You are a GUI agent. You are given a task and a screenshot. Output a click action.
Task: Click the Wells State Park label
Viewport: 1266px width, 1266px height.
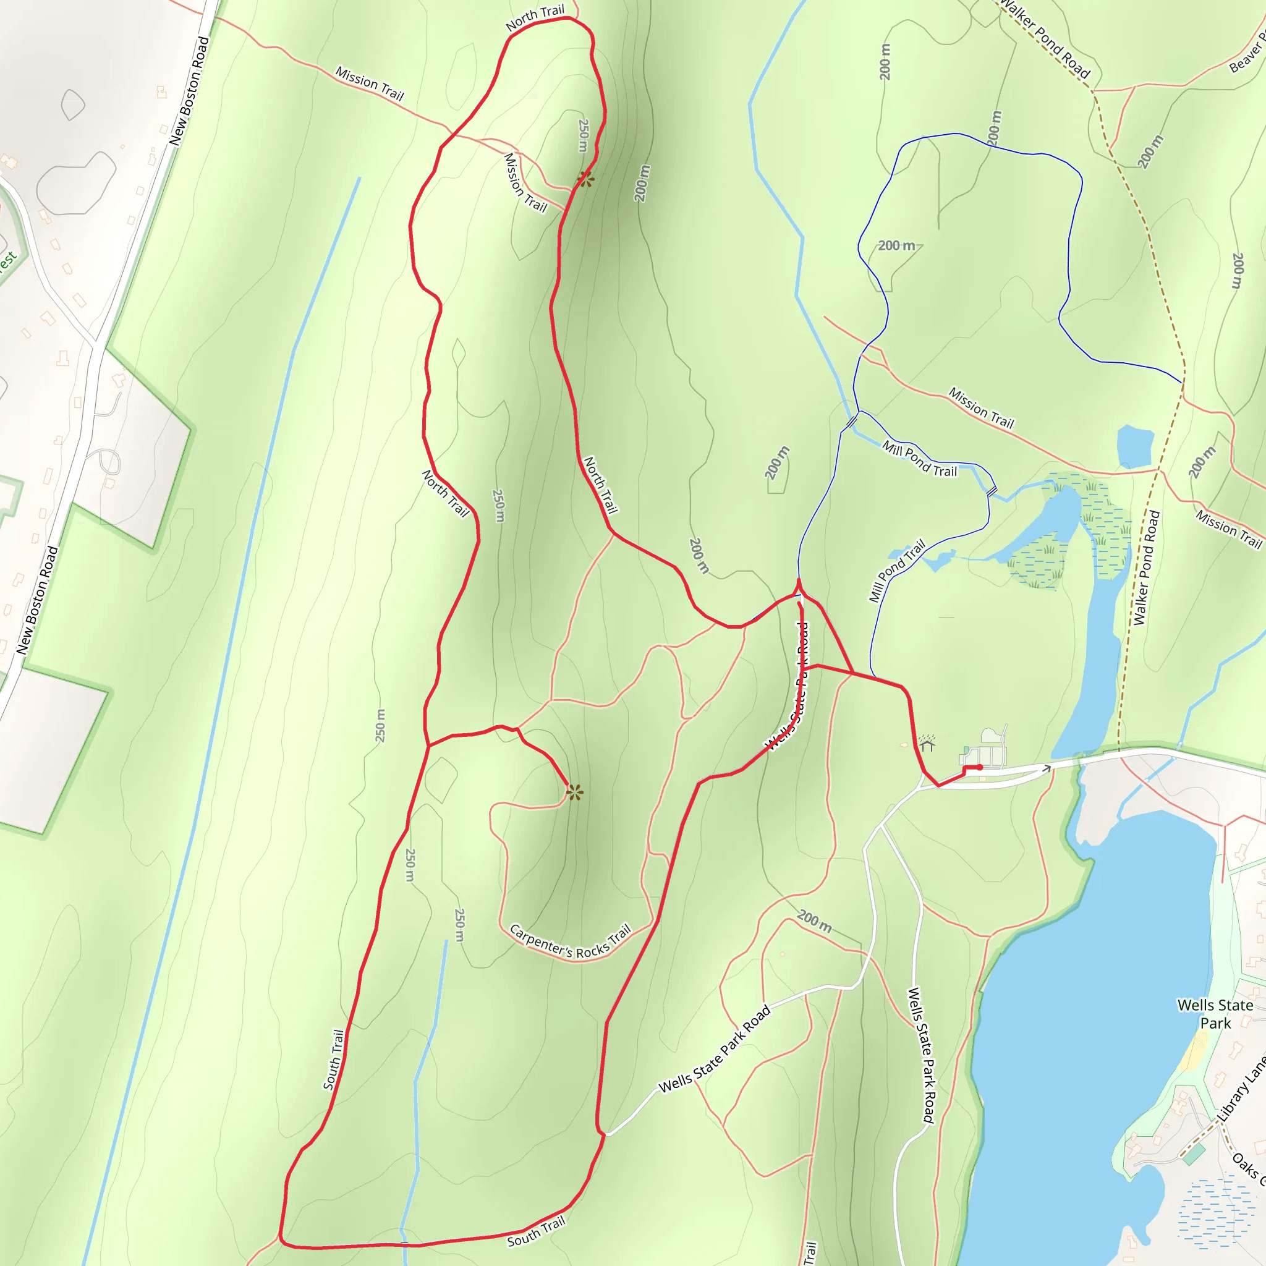tap(1215, 1014)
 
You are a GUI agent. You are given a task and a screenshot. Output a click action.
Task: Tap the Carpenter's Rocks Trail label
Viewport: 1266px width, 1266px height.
tap(569, 941)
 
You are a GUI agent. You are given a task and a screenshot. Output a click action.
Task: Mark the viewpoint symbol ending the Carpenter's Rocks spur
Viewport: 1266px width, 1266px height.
tap(575, 793)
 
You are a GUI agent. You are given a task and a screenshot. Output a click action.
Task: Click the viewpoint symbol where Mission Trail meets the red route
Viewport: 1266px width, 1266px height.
tap(586, 178)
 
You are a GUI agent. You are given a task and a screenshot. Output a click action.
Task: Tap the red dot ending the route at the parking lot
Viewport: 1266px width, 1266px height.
tap(980, 767)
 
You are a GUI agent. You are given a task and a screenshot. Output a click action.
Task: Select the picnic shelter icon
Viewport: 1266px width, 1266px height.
tap(927, 743)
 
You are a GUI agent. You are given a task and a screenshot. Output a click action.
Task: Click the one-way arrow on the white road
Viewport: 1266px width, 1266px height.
tap(1047, 768)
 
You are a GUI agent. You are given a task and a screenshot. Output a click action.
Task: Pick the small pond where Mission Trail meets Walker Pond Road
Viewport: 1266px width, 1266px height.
tap(1135, 445)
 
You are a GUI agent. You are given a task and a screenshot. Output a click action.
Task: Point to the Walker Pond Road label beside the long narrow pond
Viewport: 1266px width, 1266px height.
tap(1146, 567)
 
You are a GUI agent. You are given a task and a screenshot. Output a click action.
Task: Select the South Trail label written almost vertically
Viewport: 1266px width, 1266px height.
tap(334, 1060)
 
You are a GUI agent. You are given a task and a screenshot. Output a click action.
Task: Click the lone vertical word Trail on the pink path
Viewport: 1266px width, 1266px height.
tap(810, 1252)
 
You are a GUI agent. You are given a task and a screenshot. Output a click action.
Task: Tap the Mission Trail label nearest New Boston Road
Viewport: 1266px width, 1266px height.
tap(370, 83)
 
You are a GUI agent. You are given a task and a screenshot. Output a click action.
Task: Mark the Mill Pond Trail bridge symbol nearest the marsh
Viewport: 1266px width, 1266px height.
tap(992, 490)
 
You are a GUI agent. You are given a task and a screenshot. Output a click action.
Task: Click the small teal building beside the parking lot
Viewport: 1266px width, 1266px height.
tap(966, 751)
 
